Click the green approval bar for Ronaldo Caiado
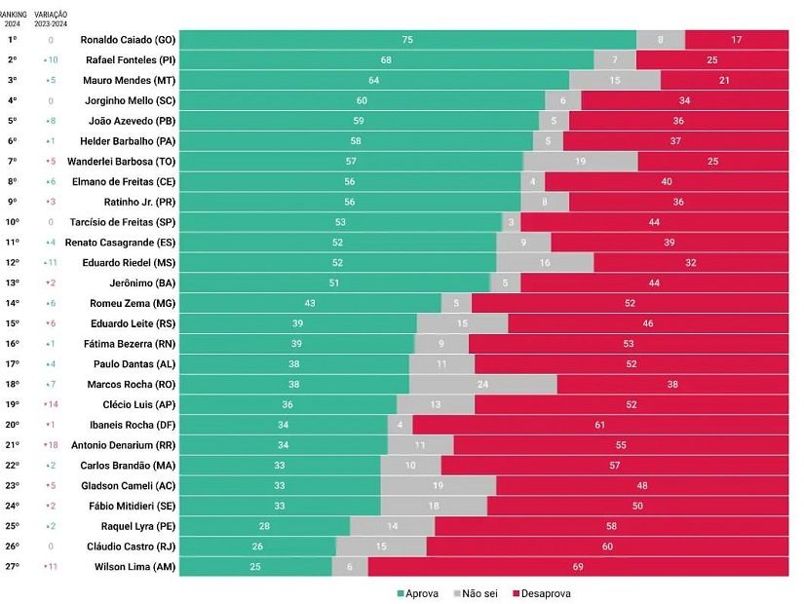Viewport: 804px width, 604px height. [x=407, y=40]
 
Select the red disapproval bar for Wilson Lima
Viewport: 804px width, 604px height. [x=578, y=566]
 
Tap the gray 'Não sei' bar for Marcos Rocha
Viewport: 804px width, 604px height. [x=483, y=384]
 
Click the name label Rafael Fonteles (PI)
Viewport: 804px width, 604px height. [x=129, y=60]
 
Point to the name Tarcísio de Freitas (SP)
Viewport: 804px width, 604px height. [x=123, y=222]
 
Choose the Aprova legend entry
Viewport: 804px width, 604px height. [x=418, y=593]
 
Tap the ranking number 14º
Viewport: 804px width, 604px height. [x=13, y=303]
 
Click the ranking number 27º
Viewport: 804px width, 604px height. [x=13, y=566]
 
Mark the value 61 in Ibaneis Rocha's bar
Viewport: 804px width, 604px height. [x=600, y=425]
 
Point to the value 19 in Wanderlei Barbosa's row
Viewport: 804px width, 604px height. [x=580, y=161]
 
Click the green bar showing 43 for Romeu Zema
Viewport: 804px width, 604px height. [x=310, y=303]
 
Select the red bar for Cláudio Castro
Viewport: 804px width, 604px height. [x=607, y=546]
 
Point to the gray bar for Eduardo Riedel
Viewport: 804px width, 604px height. [x=545, y=262]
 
